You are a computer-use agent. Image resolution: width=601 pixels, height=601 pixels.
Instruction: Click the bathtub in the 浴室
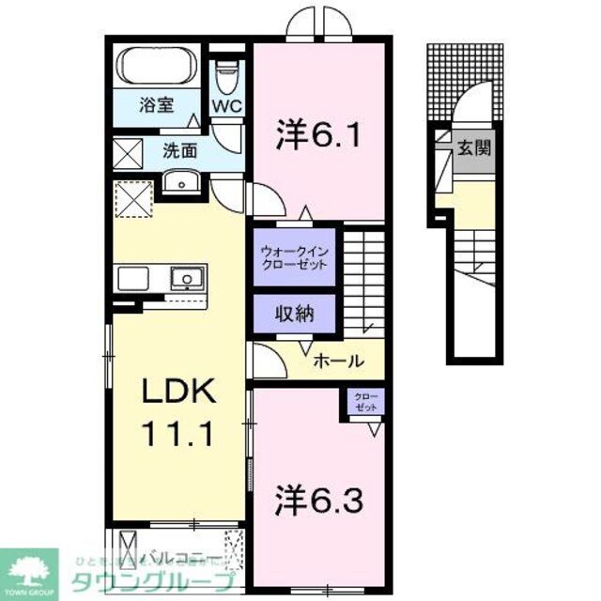(x=156, y=66)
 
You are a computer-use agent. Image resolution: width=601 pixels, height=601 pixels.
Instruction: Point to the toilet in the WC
(x=225, y=72)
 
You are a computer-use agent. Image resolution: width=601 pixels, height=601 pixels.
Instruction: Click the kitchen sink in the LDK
(x=187, y=278)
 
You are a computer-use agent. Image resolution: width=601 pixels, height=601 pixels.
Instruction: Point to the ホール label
(x=333, y=360)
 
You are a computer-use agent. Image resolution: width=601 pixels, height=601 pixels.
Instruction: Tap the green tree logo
(x=28, y=566)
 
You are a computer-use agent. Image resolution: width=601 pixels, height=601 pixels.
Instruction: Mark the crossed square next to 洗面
(x=129, y=151)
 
